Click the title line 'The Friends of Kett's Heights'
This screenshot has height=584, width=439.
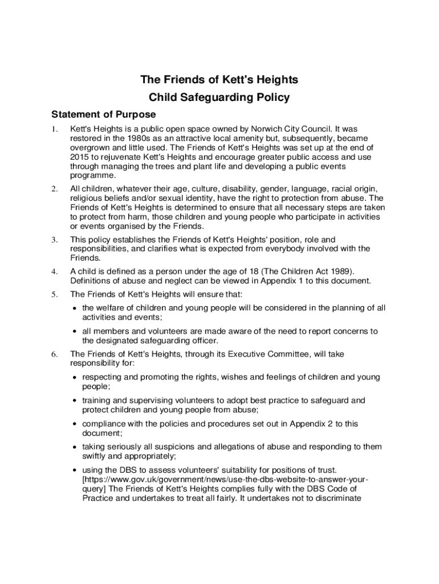[219, 80]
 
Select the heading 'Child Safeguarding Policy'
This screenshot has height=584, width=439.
[219, 98]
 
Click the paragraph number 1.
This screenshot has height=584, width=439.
[55, 130]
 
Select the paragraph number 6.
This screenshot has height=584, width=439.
[55, 354]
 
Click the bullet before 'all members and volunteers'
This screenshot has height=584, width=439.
[75, 331]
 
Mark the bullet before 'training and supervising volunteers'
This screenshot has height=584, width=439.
[75, 400]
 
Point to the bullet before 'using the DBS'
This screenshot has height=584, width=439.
[75, 470]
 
